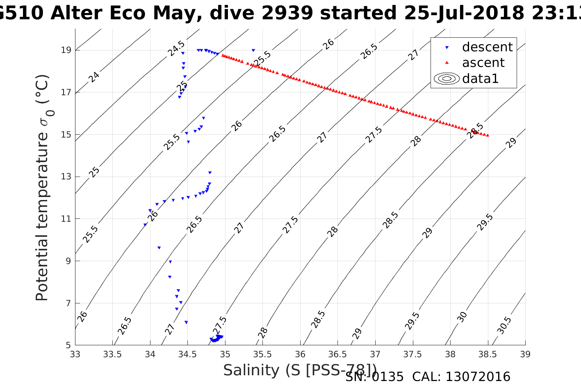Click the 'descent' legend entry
[x=487, y=47]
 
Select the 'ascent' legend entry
[x=483, y=63]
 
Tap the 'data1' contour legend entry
[x=480, y=78]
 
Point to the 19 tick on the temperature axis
[x=66, y=50]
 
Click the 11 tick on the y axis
[x=66, y=219]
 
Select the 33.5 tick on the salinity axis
[x=112, y=354]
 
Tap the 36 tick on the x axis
[x=300, y=354]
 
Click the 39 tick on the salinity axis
[x=525, y=354]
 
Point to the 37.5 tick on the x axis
[x=412, y=354]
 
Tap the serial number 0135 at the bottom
[x=388, y=377]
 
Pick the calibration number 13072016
[x=478, y=377]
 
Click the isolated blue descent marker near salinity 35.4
[x=253, y=50]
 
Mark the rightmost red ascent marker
[x=488, y=135]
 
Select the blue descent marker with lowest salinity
[x=145, y=225]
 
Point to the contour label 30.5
[x=504, y=325]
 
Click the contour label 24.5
[x=176, y=49]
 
